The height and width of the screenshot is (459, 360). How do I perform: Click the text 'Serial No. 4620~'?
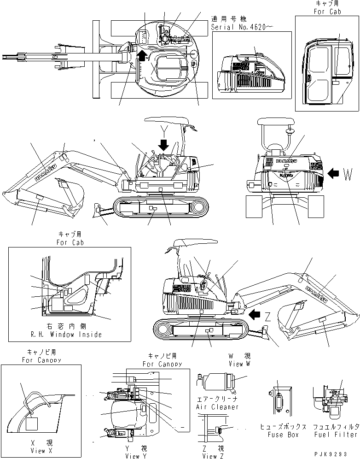coord(242,27)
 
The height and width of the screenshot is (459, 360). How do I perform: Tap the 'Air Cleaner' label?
coord(217,407)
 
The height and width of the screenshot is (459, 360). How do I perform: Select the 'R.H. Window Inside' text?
coord(70,334)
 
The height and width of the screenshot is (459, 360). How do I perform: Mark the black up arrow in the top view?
coord(143,56)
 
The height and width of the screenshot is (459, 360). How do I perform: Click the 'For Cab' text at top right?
coord(327,11)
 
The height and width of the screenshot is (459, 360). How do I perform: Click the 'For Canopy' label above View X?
coord(41,360)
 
